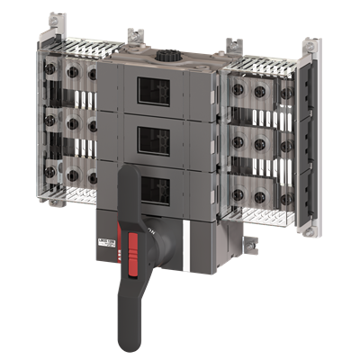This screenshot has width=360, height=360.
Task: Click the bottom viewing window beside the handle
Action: pyautogui.click(x=157, y=191)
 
